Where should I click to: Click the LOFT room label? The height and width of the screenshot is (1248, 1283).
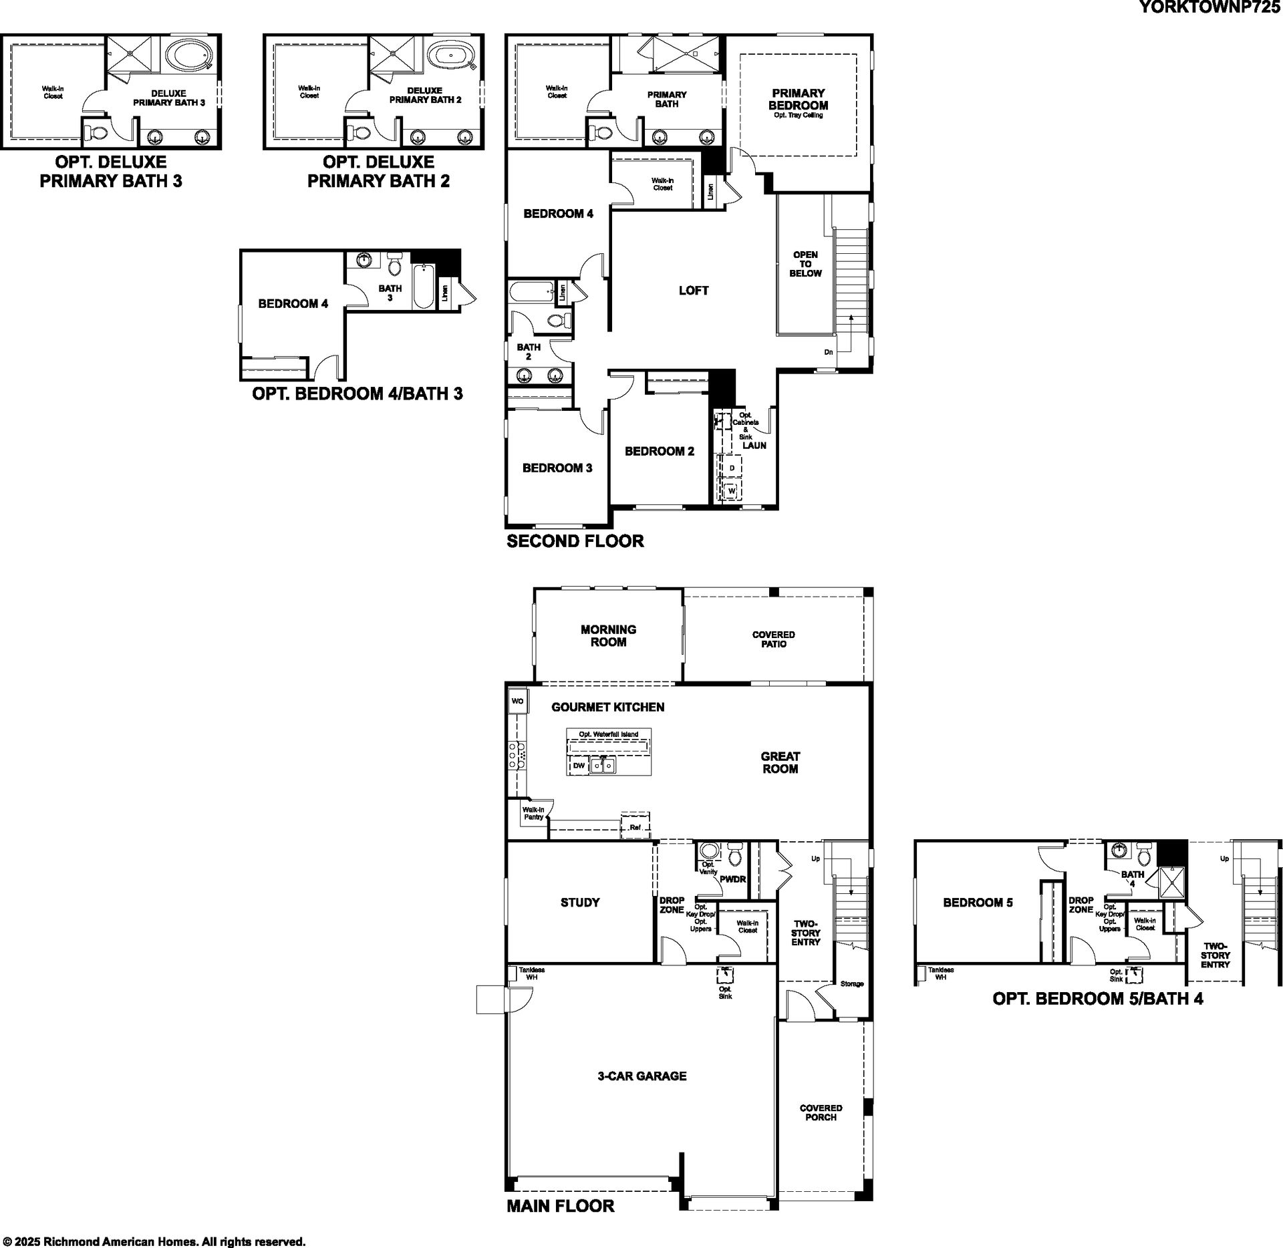point(694,291)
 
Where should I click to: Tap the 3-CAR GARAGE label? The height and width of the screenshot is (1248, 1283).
point(642,1076)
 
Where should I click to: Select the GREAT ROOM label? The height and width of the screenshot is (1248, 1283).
point(780,762)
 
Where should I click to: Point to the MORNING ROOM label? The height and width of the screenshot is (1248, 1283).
point(608,635)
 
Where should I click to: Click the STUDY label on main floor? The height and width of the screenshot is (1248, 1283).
point(580,903)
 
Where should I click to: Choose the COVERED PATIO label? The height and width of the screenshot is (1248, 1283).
point(774,639)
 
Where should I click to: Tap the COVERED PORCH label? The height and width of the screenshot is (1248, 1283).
point(821,1112)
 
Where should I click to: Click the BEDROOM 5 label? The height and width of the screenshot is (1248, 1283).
point(978,903)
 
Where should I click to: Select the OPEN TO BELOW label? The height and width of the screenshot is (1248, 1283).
point(805,264)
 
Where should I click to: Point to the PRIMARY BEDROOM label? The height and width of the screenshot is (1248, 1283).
point(799,99)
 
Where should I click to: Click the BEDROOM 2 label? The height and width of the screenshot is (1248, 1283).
point(660,451)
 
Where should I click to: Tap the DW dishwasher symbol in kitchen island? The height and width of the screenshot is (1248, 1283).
point(579,766)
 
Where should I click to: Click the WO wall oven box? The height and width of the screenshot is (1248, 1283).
point(518,701)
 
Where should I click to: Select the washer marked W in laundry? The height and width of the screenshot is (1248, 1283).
point(732,491)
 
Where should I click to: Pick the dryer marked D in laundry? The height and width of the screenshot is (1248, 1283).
point(732,468)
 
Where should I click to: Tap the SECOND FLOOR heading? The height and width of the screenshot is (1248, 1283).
point(575,541)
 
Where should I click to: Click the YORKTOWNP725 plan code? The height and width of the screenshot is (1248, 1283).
point(1210,8)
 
